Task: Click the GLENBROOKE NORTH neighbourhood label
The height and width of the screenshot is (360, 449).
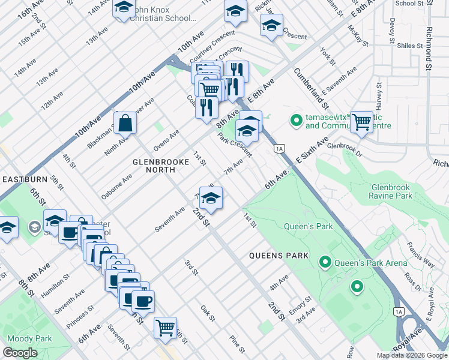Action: (154, 166)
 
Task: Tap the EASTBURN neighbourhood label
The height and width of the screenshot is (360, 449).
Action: (23, 179)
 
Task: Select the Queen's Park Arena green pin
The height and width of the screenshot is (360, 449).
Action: (325, 262)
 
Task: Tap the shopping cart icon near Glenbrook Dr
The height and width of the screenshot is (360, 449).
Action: (361, 122)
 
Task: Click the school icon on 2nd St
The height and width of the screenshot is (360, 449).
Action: (211, 198)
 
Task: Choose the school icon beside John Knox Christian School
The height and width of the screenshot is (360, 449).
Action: (124, 8)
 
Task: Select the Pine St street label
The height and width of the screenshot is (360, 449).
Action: (237, 343)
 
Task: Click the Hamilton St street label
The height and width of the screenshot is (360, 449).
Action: (53, 287)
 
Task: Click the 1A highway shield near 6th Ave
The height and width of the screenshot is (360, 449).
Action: (279, 148)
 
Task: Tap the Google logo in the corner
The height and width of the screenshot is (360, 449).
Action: (20, 353)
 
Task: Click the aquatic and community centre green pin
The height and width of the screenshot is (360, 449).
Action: (295, 121)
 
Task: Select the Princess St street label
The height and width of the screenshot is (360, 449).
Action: (82, 317)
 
